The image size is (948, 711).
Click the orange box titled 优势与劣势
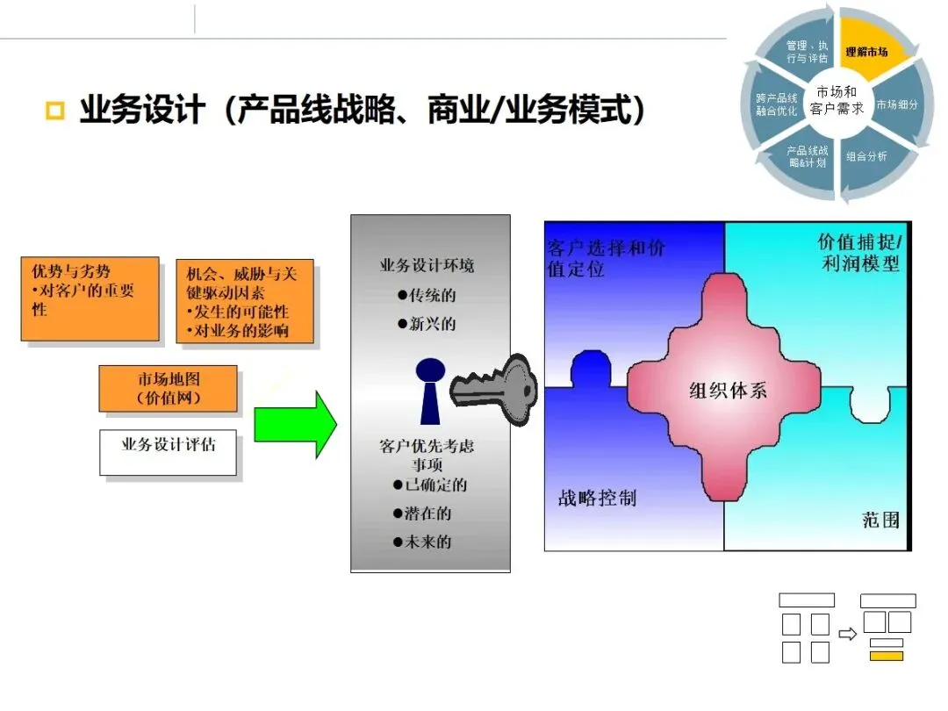90,298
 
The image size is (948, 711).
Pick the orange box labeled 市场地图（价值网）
169,388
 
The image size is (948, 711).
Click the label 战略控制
597,499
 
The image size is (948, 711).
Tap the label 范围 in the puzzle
880,520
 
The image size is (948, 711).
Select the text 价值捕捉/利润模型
858,253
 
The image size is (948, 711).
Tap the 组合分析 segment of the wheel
866,156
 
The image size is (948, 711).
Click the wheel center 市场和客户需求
837,100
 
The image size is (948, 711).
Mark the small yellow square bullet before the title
55,111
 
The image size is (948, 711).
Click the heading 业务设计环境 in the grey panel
427,265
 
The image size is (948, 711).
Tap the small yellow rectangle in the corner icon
887,656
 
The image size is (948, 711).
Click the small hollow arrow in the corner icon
847,633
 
